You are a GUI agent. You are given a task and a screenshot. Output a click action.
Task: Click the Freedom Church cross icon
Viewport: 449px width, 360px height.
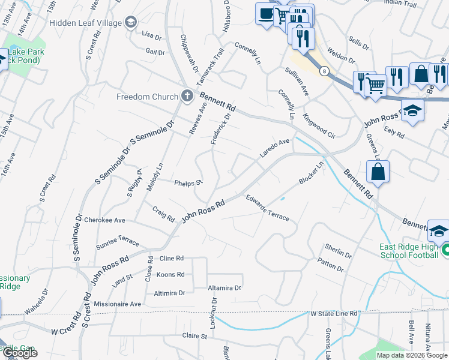point(187,95)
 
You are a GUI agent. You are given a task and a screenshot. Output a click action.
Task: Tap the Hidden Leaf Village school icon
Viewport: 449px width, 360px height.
point(130,22)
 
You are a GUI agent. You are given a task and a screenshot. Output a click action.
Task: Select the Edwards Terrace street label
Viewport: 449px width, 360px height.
point(267,208)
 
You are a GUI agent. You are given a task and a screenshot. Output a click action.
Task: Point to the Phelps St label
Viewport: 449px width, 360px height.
point(188,182)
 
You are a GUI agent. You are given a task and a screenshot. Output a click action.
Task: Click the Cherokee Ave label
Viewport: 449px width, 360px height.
point(104,220)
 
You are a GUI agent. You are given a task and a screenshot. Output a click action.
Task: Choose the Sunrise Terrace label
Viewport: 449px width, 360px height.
point(117,242)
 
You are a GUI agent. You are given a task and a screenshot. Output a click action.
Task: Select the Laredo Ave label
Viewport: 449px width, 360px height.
point(275,149)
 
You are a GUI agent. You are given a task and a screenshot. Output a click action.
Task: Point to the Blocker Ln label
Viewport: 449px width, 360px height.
point(311,172)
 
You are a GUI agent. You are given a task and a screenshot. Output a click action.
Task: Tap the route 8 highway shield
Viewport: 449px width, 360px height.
point(324,71)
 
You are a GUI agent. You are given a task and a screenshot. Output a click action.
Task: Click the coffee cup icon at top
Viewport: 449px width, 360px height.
point(266,13)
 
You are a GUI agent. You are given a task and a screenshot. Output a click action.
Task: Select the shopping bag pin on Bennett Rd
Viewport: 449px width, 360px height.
point(378,172)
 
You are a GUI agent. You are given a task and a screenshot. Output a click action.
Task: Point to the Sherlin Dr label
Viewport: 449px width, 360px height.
point(338,250)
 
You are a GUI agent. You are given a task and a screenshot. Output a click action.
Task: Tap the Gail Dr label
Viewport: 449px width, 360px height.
point(155,52)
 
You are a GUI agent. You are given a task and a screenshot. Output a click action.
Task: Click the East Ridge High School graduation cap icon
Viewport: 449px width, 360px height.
point(439,231)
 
